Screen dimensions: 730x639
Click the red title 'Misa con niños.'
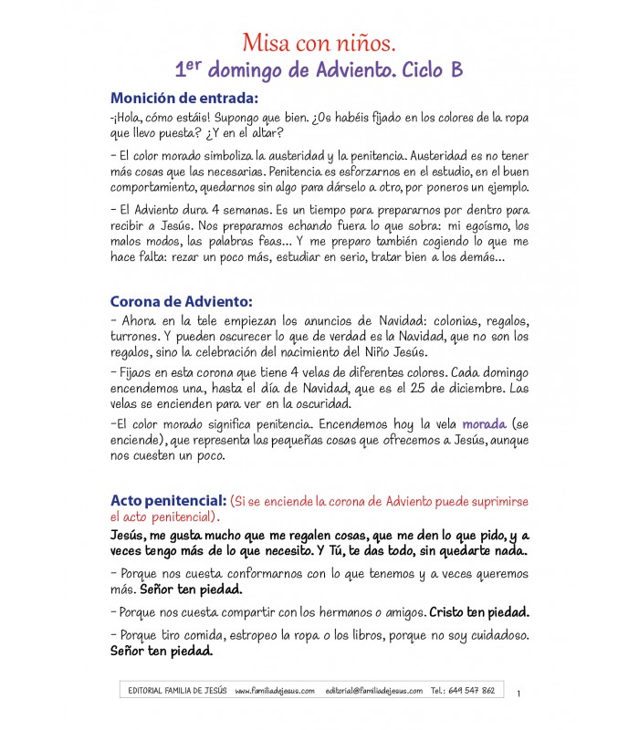click(x=319, y=42)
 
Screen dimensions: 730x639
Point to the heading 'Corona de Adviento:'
click(x=181, y=301)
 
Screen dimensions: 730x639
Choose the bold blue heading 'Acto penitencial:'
click(x=168, y=501)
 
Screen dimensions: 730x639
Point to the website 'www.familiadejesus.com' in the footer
click(x=275, y=691)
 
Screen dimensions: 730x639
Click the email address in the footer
click(x=373, y=691)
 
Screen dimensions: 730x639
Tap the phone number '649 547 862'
click(x=475, y=691)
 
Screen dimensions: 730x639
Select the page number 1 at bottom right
click(x=518, y=693)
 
